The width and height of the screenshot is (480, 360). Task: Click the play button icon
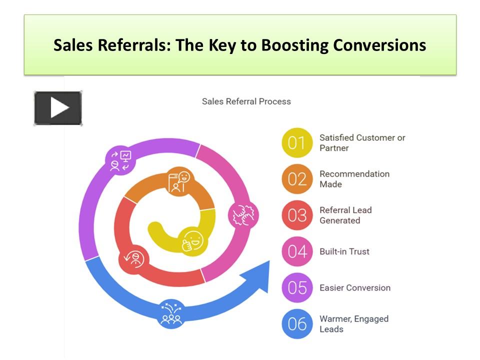point(58,108)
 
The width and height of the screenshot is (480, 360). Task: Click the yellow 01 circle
point(297,143)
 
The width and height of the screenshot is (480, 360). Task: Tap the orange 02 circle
point(297,179)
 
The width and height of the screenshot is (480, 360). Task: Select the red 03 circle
point(297,215)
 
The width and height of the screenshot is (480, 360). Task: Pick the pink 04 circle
point(297,251)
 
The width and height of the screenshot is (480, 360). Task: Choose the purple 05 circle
point(297,288)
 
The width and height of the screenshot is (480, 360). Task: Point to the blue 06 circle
point(297,324)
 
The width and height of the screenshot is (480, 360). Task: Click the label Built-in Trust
point(344,251)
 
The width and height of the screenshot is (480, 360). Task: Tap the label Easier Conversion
point(355,288)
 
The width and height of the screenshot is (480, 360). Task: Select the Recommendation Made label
point(354,179)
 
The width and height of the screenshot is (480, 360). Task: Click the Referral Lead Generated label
point(345,215)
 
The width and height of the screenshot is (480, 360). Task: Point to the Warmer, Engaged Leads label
point(354,324)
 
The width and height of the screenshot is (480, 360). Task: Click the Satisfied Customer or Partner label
point(362,143)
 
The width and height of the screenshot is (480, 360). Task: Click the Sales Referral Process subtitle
point(246,101)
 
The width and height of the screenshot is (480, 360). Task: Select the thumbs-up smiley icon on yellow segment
point(192,240)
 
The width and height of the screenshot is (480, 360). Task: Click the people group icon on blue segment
point(172,313)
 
